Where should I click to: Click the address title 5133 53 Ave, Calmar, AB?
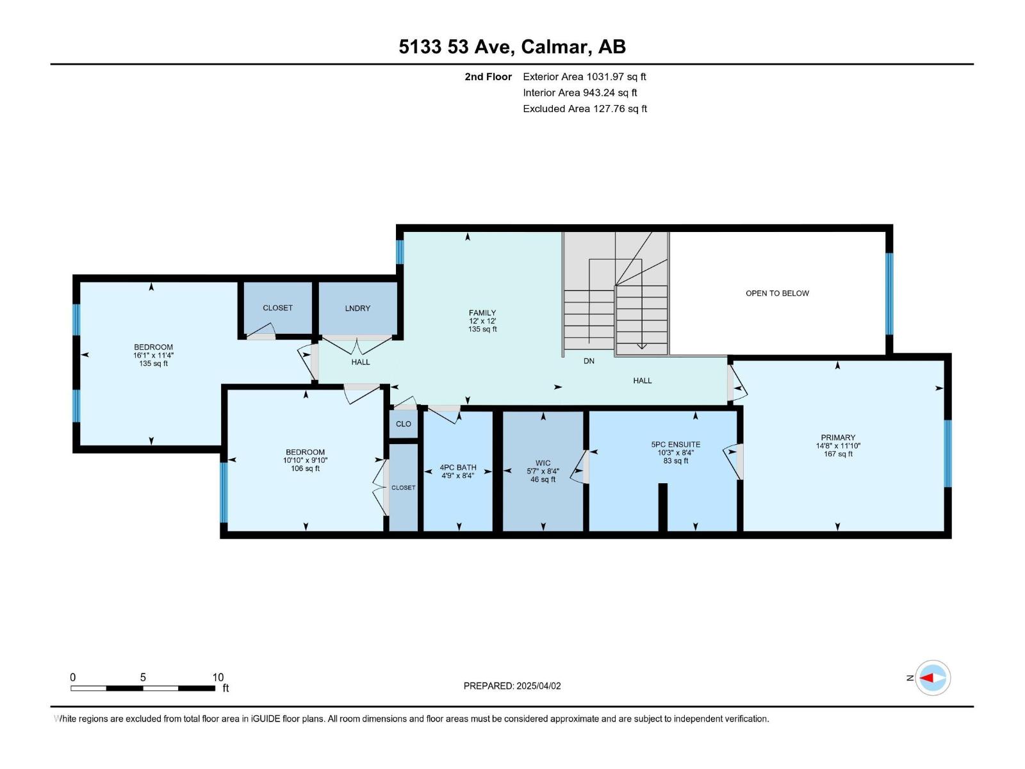pos(512,47)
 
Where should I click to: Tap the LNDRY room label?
pos(357,308)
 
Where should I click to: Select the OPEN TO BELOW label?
pos(777,294)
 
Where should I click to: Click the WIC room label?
pos(543,463)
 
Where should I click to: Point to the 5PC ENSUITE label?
pos(675,444)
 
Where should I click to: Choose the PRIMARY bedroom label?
pos(838,438)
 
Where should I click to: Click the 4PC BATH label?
pos(457,467)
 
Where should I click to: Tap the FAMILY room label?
pos(482,313)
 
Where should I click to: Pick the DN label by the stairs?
pos(589,361)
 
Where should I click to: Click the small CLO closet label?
pos(404,424)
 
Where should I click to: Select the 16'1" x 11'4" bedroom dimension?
pos(153,355)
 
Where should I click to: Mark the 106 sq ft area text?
pos(305,468)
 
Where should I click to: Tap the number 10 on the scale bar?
pos(218,677)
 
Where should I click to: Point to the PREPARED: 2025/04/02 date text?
pos(512,686)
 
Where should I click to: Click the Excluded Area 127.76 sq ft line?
pos(584,109)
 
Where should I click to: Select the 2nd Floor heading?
pos(488,77)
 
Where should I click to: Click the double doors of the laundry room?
pos(357,346)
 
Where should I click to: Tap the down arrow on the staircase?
pos(641,345)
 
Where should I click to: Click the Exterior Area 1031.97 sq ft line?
pos(584,77)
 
